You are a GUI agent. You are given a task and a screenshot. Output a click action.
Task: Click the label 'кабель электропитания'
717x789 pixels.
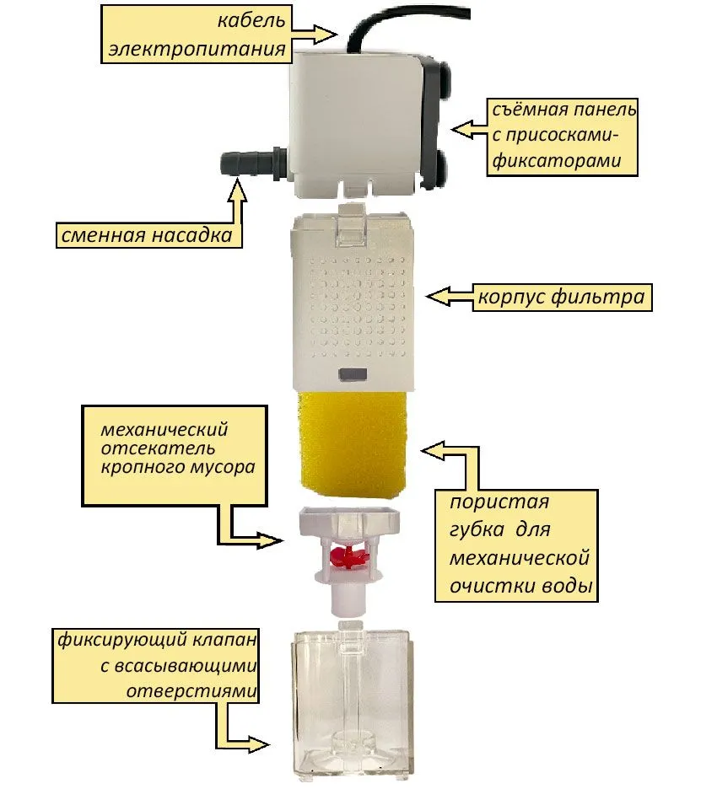tap(197, 35)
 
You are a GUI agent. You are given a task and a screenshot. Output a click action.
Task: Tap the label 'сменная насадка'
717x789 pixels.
tap(145, 234)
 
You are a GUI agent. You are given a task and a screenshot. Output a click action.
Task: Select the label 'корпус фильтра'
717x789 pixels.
tap(560, 298)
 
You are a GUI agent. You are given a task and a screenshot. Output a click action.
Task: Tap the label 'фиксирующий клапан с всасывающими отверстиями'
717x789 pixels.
tap(158, 665)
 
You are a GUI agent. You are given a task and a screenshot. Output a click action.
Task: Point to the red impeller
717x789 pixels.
tap(347, 556)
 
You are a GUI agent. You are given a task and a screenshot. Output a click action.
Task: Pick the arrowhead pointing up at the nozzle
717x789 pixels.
tap(239, 189)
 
